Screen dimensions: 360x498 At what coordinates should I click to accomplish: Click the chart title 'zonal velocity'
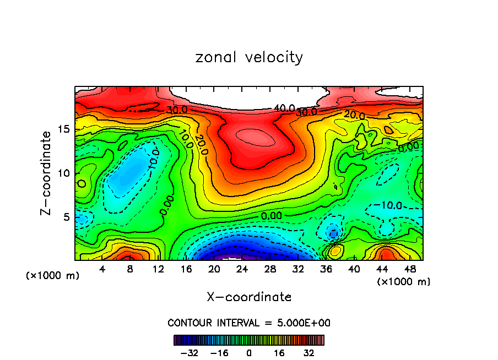(x=249, y=57)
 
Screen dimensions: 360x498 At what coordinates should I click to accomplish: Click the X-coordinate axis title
(x=249, y=297)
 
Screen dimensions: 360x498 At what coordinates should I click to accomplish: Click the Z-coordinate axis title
(x=47, y=173)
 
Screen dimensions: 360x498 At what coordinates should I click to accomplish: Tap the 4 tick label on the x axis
(x=102, y=269)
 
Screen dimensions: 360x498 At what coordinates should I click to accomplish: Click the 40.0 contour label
(x=285, y=108)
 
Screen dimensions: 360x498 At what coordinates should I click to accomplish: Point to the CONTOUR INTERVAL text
(x=249, y=323)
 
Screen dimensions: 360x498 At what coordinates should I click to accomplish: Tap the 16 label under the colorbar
(x=279, y=352)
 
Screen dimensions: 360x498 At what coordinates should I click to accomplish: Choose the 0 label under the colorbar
(x=249, y=352)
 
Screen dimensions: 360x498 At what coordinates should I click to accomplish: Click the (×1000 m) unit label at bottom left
(x=53, y=276)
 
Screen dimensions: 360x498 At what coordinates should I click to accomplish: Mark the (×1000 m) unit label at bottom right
(x=404, y=282)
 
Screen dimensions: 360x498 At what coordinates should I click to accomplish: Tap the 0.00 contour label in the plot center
(x=272, y=216)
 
